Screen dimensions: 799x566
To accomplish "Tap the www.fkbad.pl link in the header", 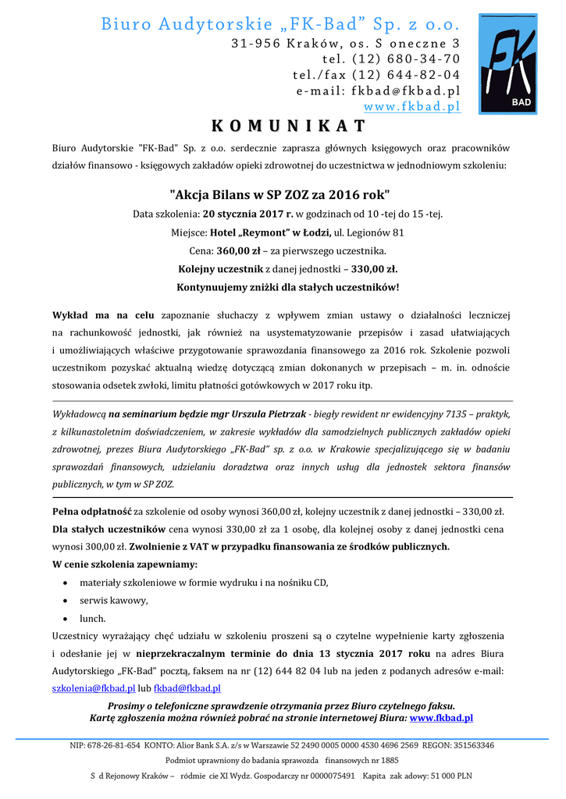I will pyautogui.click(x=412, y=106).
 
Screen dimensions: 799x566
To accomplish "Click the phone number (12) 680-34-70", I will pyautogui.click(x=406, y=59).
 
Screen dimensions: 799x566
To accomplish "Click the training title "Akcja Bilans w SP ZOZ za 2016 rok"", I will pyautogui.click(x=279, y=194).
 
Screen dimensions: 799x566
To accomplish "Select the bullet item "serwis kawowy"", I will pyautogui.click(x=114, y=600).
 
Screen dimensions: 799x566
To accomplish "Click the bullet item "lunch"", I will pyautogui.click(x=92, y=618).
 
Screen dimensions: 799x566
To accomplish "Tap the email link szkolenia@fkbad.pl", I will pyautogui.click(x=94, y=688).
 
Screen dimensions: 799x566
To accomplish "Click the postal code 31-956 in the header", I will pyautogui.click(x=255, y=43).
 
